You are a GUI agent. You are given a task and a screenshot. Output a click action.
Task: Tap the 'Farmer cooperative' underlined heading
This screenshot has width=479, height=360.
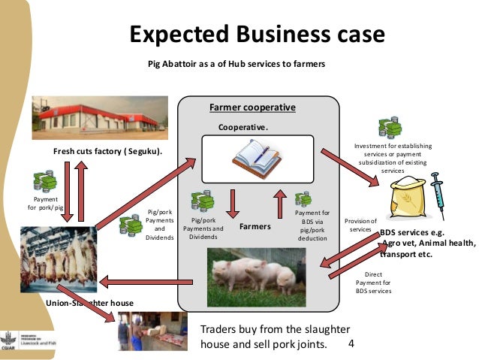coord(252,107)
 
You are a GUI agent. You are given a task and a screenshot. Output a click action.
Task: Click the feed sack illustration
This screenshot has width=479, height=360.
coord(409,199)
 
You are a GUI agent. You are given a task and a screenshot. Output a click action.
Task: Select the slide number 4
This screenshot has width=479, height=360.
coord(353,344)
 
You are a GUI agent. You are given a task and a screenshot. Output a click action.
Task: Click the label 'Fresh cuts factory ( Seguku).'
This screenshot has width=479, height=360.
coord(108,152)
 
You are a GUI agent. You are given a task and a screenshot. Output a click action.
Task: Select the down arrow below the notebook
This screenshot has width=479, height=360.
coord(233,201)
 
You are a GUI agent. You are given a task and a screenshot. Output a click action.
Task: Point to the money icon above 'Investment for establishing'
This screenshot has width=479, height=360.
coord(390,129)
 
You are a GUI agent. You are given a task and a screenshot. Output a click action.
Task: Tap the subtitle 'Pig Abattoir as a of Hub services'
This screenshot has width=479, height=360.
coord(236,64)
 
